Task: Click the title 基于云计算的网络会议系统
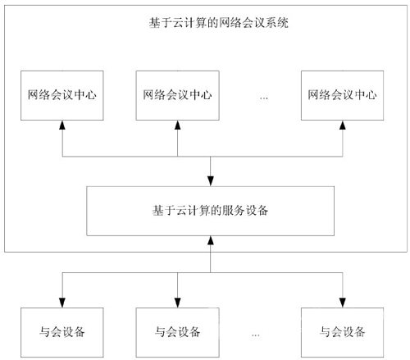[x=219, y=23]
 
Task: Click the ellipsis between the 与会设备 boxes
[x=256, y=335]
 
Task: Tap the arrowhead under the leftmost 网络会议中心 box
[x=62, y=125]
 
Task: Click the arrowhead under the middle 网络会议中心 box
[x=178, y=125]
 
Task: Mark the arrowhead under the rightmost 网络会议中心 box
[x=343, y=125]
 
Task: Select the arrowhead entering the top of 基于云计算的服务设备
[x=211, y=181]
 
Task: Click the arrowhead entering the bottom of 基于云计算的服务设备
[x=211, y=240]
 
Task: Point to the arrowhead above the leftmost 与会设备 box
[x=62, y=303]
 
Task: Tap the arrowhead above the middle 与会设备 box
[x=178, y=303]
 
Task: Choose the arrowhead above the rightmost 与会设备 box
[x=343, y=303]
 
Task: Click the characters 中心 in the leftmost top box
[x=85, y=95]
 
